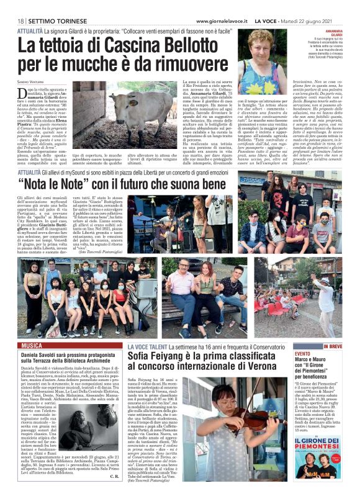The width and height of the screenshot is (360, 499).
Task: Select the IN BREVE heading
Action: [x=333, y=345]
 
